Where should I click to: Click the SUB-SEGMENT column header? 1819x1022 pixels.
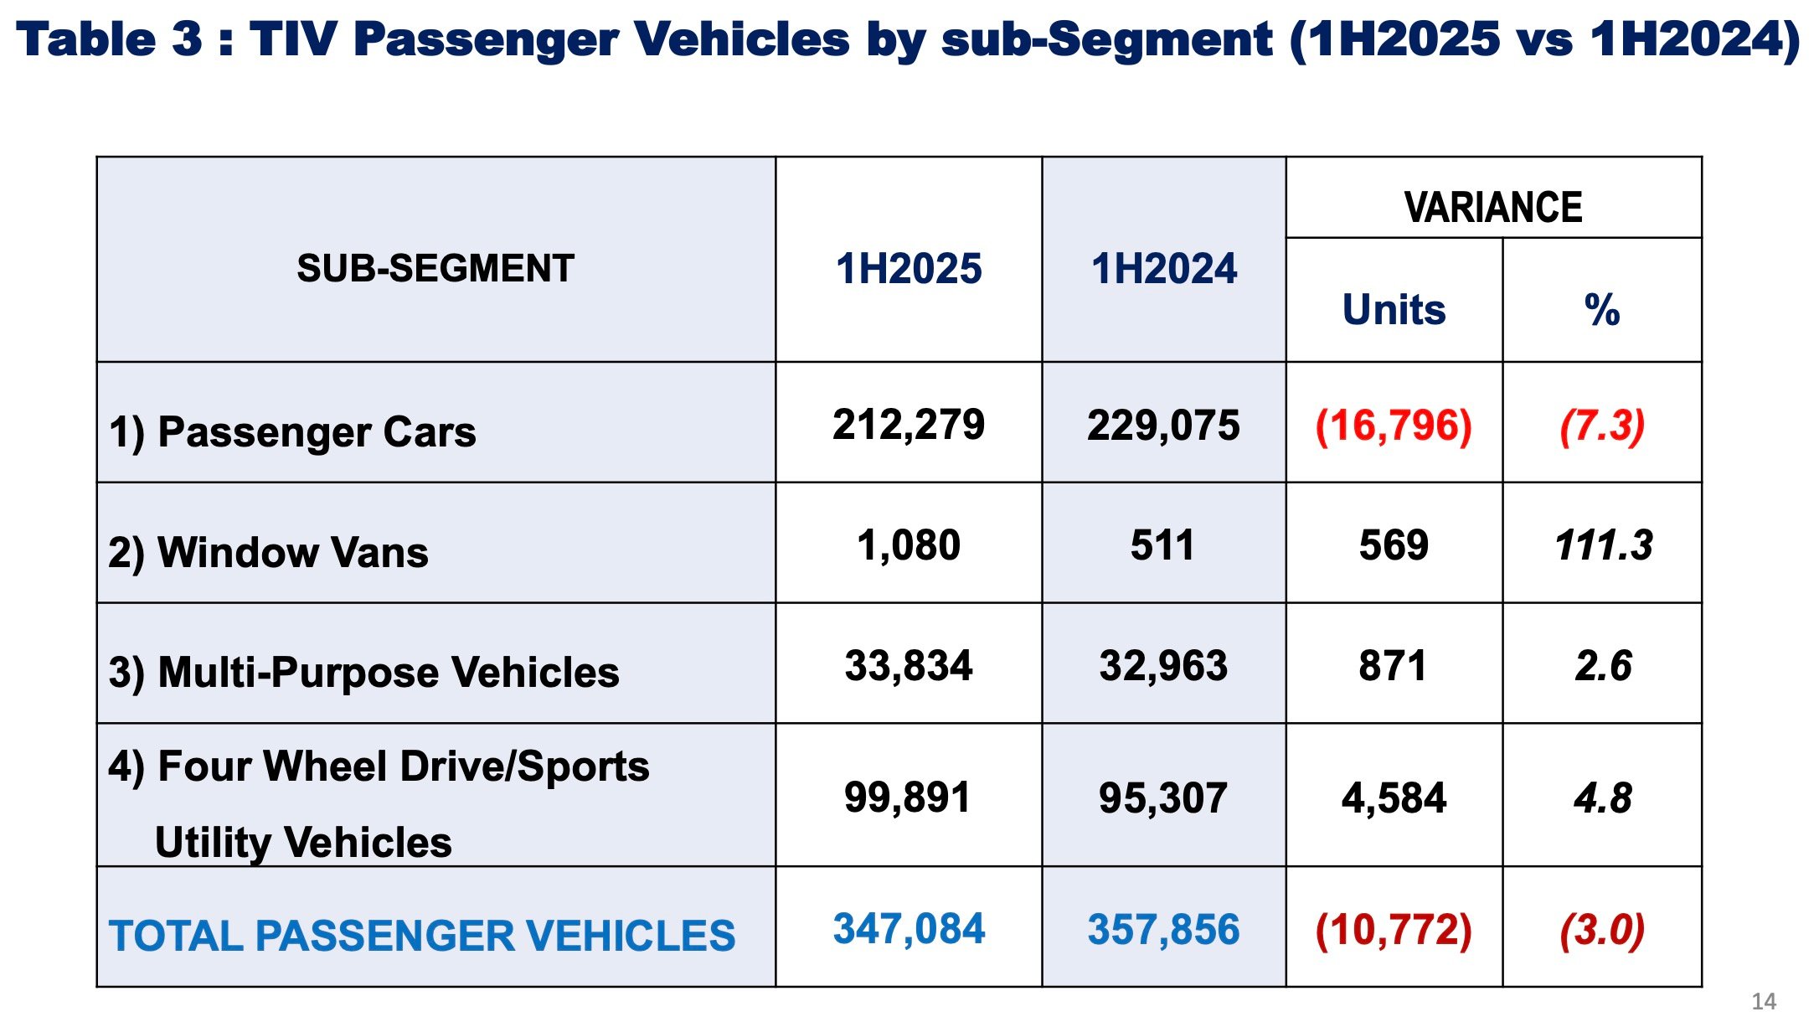point(435,269)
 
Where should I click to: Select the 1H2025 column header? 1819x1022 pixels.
point(909,269)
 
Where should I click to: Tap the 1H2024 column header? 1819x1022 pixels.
point(1163,269)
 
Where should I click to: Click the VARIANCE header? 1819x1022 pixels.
point(1493,207)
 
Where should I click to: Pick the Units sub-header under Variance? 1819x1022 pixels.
point(1394,309)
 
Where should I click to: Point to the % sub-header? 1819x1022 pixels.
point(1602,309)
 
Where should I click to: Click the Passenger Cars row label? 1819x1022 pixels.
point(292,432)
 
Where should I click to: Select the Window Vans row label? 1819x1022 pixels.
point(268,553)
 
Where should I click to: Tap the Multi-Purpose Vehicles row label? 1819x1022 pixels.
point(363,673)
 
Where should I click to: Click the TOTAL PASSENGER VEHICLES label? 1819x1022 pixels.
point(422,936)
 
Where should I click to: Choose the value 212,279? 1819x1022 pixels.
point(909,425)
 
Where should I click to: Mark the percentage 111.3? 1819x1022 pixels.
point(1603,545)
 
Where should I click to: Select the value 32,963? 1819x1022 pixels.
point(1163,666)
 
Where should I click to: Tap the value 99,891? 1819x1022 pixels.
point(907,797)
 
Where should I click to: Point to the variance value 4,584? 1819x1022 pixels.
point(1394,797)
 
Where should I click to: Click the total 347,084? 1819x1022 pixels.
point(909,929)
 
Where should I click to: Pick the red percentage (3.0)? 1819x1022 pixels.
point(1602,930)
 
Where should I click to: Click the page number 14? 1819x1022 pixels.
point(1764,1001)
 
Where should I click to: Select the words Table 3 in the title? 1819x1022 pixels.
point(109,39)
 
